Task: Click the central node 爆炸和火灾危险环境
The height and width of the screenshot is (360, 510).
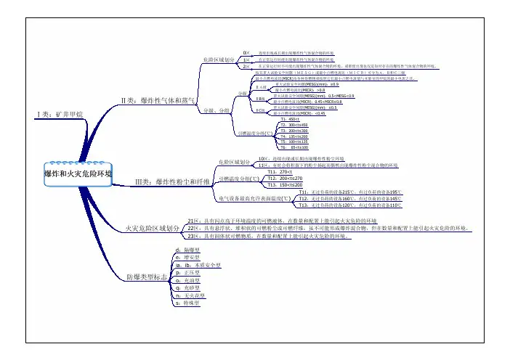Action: [x=78, y=174]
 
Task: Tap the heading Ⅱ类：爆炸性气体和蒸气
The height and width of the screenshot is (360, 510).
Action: [x=158, y=100]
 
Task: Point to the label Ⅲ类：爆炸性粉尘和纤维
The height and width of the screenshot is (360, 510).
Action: [x=173, y=181]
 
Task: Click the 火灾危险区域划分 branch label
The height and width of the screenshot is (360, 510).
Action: [x=152, y=228]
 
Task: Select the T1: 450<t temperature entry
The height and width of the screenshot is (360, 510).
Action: [x=280, y=118]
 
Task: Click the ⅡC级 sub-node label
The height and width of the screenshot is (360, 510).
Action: [x=260, y=110]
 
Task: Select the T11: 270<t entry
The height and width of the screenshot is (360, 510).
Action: [x=279, y=171]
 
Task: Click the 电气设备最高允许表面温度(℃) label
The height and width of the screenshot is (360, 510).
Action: [x=254, y=197]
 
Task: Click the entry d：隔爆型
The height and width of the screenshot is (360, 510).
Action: [x=182, y=250]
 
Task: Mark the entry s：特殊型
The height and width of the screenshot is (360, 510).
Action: [x=182, y=304]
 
